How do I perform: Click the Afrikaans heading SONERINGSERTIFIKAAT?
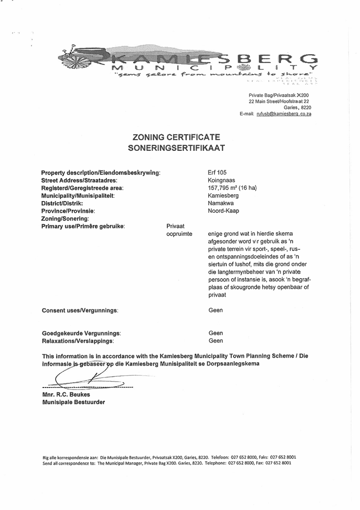coord(176,147)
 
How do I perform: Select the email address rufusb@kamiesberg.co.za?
coord(284,114)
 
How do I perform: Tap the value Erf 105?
coord(217,172)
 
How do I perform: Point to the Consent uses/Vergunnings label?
coord(80,310)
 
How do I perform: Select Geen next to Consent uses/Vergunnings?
coord(216,310)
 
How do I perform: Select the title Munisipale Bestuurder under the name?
coord(73,402)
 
